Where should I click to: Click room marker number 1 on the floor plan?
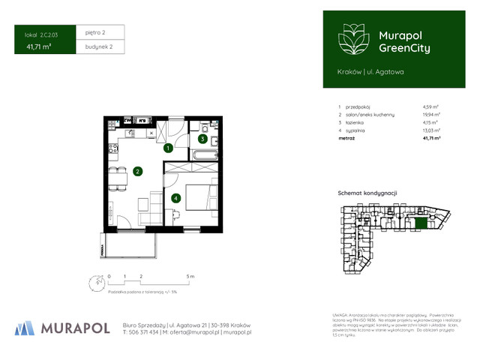point(169,148)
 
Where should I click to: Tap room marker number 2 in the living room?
point(138,171)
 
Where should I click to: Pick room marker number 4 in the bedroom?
point(175,199)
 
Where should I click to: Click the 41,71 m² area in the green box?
point(40,47)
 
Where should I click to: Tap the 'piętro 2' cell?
point(95,33)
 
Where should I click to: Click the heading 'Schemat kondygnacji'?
point(367,193)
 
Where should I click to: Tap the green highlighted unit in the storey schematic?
point(421,222)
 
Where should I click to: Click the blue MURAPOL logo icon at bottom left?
point(25,327)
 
